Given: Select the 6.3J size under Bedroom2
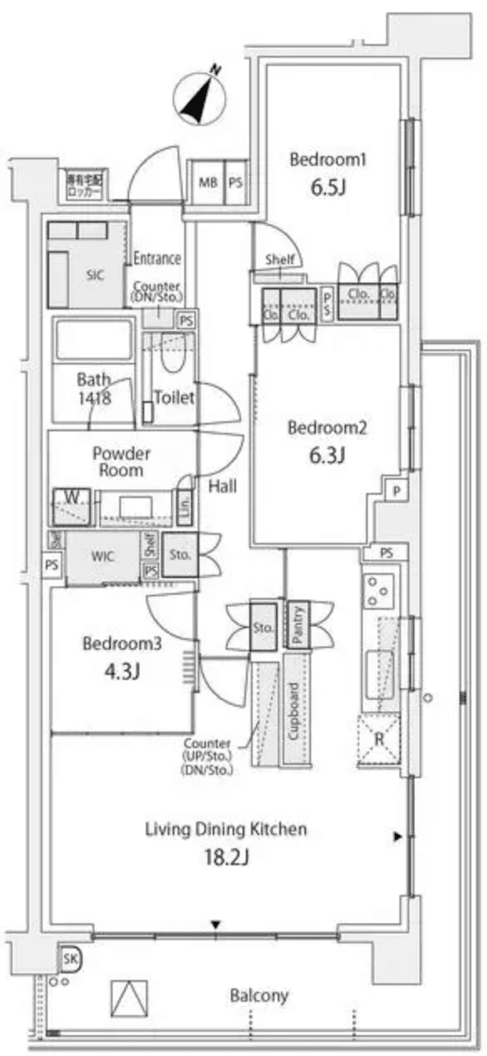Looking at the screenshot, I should [328, 455].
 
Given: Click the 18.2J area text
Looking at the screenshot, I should [226, 856].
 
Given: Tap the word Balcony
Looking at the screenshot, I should [259, 995].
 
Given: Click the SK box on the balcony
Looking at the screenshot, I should [70, 960].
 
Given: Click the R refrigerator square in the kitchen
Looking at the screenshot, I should [379, 739].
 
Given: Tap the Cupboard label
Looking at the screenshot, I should [294, 712].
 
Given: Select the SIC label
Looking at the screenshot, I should [93, 276].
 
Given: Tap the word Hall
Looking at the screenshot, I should [223, 485].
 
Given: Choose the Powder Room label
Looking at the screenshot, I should [121, 462].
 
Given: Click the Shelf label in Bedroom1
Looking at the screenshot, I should [280, 259].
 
